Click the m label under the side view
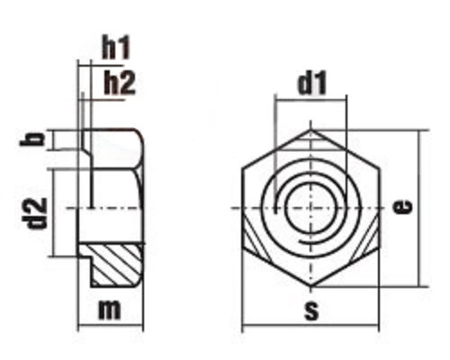click(x=110, y=310)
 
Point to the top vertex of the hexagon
click(x=310, y=129)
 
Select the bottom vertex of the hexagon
click(x=310, y=289)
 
